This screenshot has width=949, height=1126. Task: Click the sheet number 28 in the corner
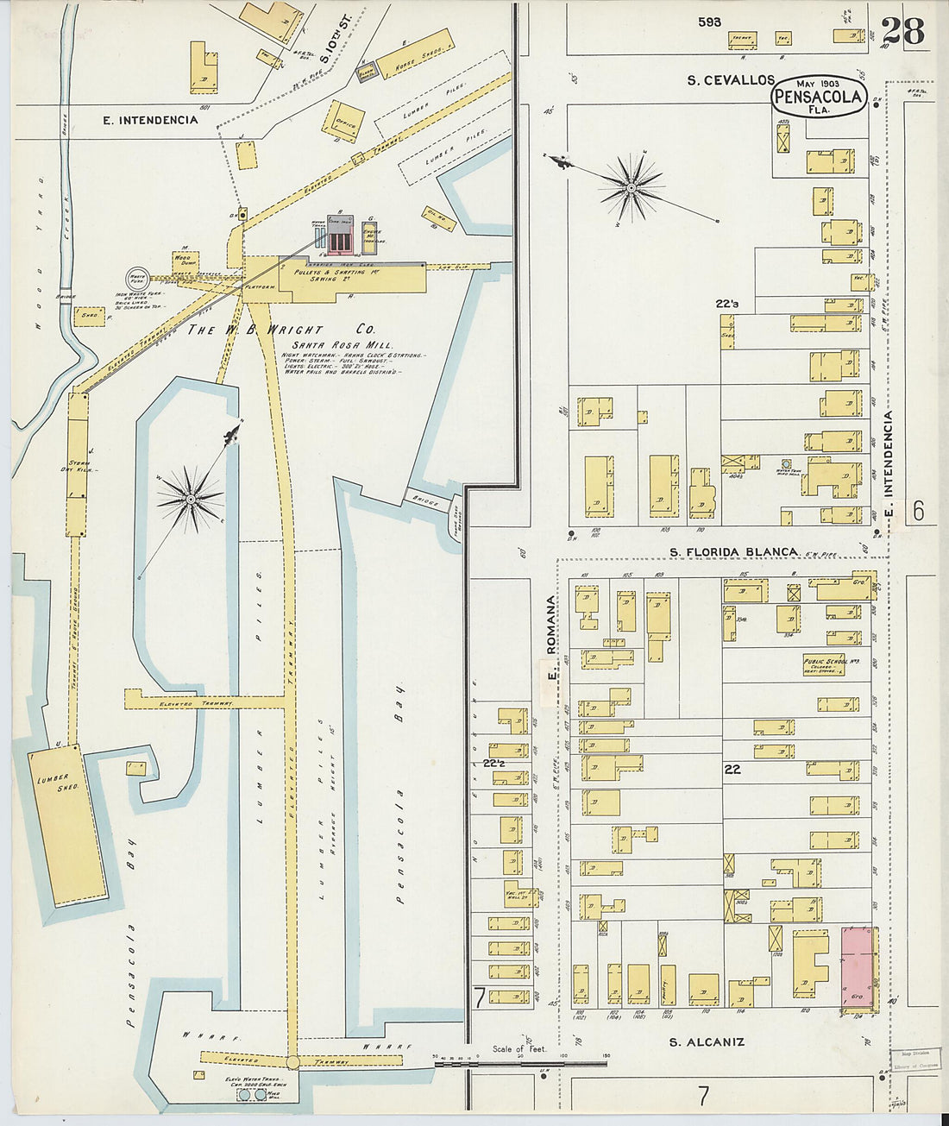point(903,31)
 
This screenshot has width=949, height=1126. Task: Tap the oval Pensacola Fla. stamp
point(817,96)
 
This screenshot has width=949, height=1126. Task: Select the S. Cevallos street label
point(731,79)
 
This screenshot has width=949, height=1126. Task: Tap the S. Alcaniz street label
point(707,1041)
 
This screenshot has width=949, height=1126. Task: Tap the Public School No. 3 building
point(824,665)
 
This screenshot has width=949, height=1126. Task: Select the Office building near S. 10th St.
point(343,122)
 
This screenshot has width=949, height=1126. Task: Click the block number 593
point(710,22)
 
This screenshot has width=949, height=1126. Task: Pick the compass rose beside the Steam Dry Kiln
point(190,498)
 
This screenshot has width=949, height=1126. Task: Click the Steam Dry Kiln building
point(78,464)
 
